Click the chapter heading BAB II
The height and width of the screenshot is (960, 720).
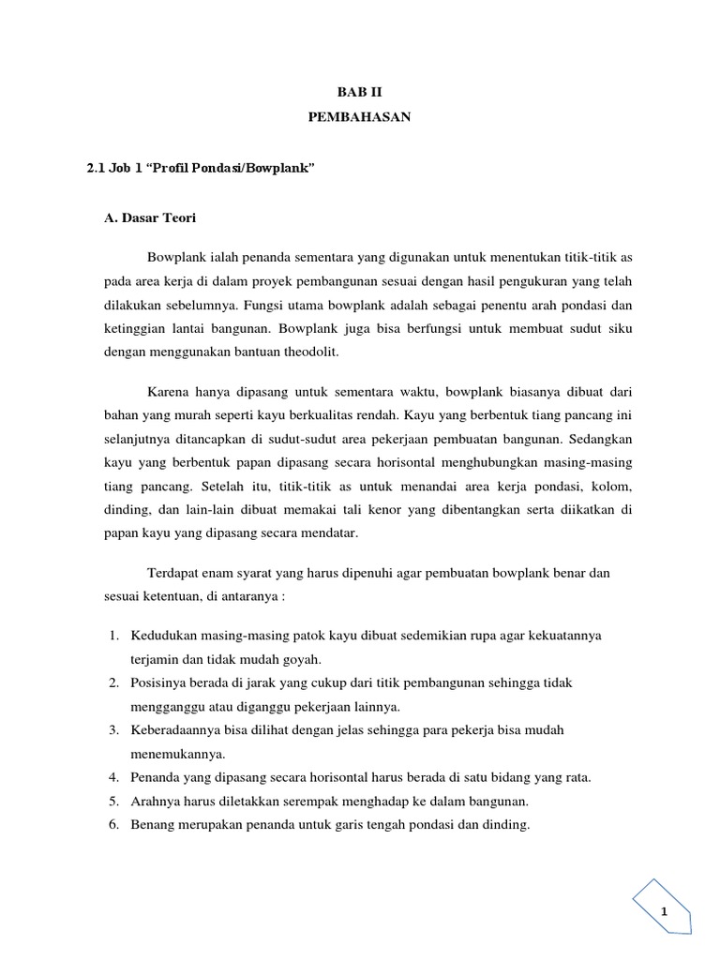(360, 92)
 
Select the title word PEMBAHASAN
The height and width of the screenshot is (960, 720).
(360, 116)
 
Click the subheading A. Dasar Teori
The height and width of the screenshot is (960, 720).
(151, 217)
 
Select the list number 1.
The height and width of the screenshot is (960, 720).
(112, 636)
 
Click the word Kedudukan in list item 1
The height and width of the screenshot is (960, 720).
(166, 636)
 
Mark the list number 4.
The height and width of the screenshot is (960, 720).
(112, 777)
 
